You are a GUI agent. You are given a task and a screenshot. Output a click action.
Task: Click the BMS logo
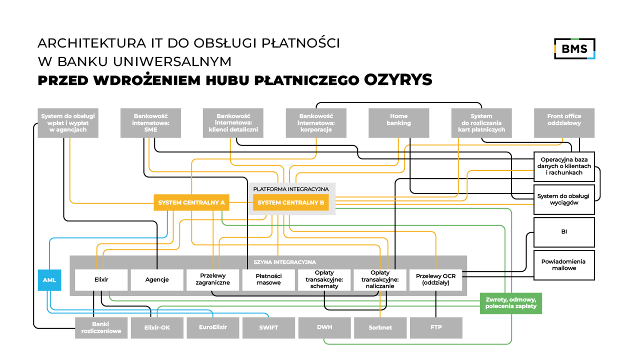pyautogui.click(x=574, y=48)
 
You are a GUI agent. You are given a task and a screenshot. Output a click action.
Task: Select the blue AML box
pyautogui.click(x=49, y=280)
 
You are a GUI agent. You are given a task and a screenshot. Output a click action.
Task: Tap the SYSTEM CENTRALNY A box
pyautogui.click(x=191, y=203)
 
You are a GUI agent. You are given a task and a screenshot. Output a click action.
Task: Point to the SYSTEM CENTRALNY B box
pyautogui.click(x=291, y=203)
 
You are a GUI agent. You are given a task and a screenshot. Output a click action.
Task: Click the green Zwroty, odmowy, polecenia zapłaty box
pyautogui.click(x=510, y=303)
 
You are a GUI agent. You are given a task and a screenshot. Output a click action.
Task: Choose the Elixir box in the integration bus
pyautogui.click(x=101, y=280)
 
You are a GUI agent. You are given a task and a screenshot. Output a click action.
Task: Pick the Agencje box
pyautogui.click(x=157, y=280)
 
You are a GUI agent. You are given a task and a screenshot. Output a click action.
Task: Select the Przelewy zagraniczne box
pyautogui.click(x=213, y=280)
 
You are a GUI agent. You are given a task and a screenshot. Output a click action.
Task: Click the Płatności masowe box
pyautogui.click(x=268, y=280)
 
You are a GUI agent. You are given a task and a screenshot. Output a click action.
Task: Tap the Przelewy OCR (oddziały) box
pyautogui.click(x=436, y=280)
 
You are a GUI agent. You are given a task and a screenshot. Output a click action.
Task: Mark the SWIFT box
pyautogui.click(x=268, y=328)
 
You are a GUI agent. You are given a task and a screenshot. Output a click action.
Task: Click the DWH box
pyautogui.click(x=324, y=328)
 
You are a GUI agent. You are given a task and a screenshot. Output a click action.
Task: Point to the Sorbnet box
pyautogui.click(x=380, y=328)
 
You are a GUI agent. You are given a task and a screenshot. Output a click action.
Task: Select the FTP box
pyautogui.click(x=436, y=328)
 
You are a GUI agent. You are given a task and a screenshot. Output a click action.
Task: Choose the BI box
pyautogui.click(x=564, y=232)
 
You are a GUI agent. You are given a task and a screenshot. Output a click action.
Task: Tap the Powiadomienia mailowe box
pyautogui.click(x=564, y=265)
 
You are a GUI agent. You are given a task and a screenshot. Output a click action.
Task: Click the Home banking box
pyautogui.click(x=398, y=123)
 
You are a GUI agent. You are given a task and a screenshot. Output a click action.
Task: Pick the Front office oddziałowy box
pyautogui.click(x=564, y=123)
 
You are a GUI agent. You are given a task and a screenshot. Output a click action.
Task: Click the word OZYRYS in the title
pyautogui.click(x=398, y=80)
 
